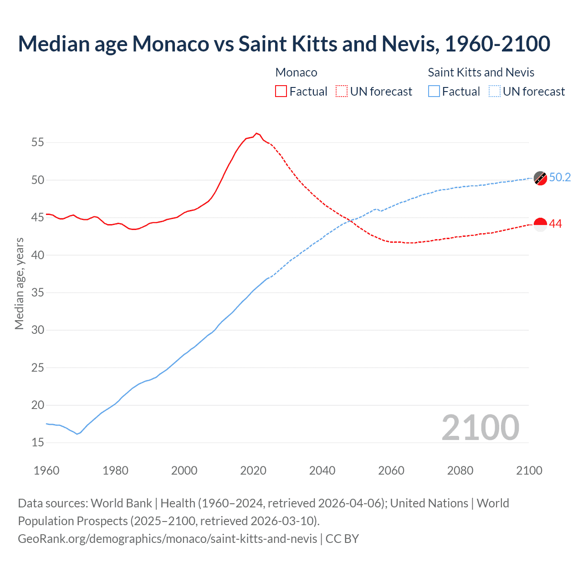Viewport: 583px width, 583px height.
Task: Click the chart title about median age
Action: click(x=284, y=44)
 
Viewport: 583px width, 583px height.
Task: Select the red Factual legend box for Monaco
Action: click(x=281, y=92)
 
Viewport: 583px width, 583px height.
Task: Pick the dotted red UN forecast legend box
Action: click(x=342, y=92)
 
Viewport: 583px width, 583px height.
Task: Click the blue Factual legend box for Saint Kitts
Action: click(x=434, y=92)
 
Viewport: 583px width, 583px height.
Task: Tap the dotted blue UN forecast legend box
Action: click(x=495, y=92)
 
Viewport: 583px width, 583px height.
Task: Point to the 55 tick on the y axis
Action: click(x=38, y=143)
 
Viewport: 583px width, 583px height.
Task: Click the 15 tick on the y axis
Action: click(x=38, y=443)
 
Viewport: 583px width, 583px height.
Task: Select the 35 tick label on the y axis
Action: click(x=38, y=292)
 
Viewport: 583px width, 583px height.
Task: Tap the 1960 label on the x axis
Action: click(x=46, y=470)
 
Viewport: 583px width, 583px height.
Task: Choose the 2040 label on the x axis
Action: click(x=322, y=470)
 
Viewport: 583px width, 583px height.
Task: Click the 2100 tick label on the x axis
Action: click(x=529, y=470)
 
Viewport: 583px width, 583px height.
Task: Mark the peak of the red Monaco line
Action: click(x=256, y=133)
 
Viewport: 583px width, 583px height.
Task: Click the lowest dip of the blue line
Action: click(x=77, y=434)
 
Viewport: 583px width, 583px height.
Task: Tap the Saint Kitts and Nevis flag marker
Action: click(x=540, y=178)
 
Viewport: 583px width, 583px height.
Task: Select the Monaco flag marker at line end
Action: click(x=540, y=225)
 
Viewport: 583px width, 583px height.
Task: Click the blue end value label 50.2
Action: click(x=560, y=178)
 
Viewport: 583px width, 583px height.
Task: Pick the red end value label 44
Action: click(x=555, y=224)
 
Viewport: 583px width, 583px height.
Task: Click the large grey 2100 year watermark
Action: click(x=480, y=427)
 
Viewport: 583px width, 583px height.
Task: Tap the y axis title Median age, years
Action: click(x=19, y=283)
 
